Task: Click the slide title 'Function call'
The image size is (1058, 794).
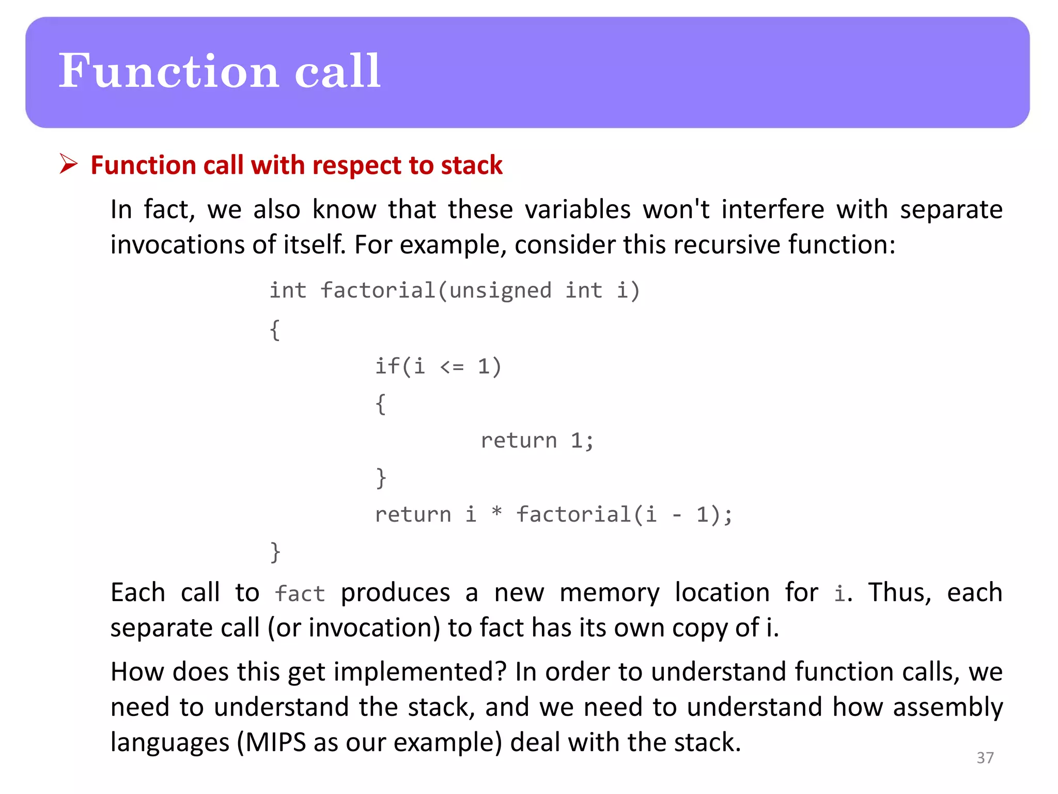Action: [x=220, y=71]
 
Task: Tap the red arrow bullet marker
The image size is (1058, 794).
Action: [x=68, y=164]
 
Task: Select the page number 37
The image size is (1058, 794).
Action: [x=985, y=758]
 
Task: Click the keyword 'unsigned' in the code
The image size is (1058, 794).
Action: [x=500, y=291]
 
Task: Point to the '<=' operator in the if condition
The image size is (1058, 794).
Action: [x=452, y=367]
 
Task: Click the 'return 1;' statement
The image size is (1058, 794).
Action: [x=537, y=441]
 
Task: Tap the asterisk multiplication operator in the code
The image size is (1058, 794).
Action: [x=496, y=513]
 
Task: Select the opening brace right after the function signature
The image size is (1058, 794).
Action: [x=275, y=329]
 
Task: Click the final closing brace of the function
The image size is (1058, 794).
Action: [x=275, y=552]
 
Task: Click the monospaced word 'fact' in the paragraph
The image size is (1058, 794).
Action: [x=300, y=594]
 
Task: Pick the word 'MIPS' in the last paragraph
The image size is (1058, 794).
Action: [x=276, y=742]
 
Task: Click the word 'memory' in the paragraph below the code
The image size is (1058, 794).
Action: [x=610, y=593]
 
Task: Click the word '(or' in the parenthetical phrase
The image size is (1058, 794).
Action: [x=284, y=628]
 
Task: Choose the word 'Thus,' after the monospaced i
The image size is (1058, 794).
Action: [x=899, y=593]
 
